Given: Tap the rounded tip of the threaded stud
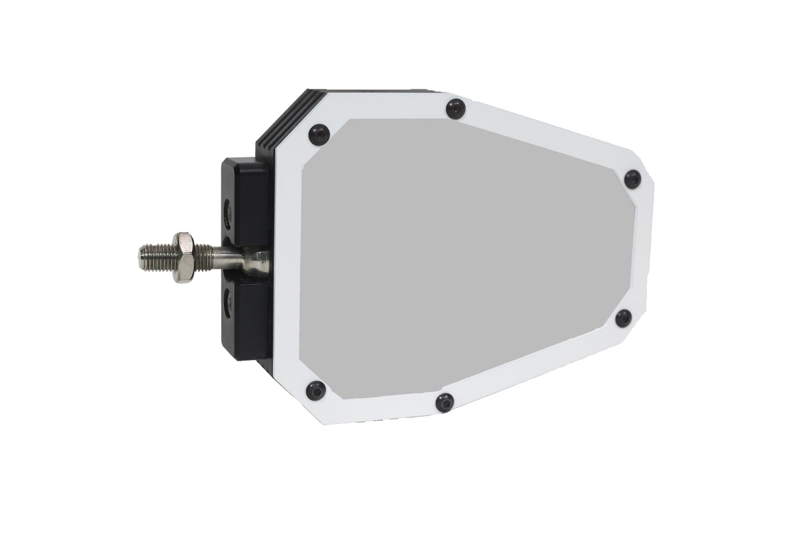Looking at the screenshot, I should click(x=143, y=257).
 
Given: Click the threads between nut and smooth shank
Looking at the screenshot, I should click(x=203, y=257).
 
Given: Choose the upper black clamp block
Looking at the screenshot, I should click(x=245, y=200).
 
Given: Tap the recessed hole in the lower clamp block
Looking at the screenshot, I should click(x=229, y=303).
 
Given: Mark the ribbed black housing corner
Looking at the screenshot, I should click(x=280, y=120).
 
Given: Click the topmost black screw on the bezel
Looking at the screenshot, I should click(x=454, y=107).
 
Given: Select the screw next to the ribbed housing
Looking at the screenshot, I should click(x=319, y=135).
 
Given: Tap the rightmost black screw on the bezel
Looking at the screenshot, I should click(x=632, y=179).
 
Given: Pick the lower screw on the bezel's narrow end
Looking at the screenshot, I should click(x=623, y=318).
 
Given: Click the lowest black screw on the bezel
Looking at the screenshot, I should click(x=444, y=402).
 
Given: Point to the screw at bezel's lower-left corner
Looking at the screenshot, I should click(x=315, y=390).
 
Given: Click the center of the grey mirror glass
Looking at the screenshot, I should click(x=460, y=260).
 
